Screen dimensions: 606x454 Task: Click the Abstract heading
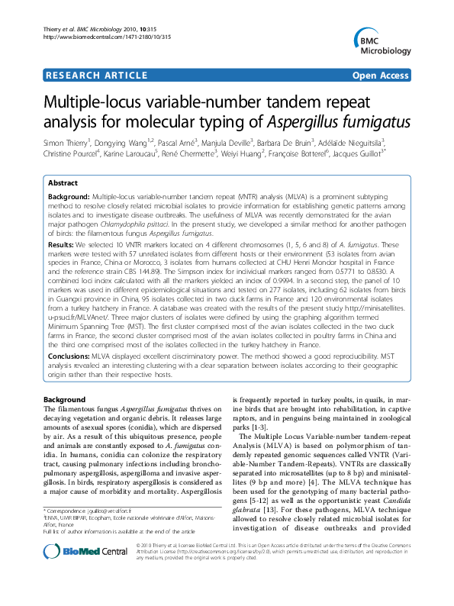tap(63, 184)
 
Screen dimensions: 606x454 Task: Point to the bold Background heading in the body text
tap(65, 400)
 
